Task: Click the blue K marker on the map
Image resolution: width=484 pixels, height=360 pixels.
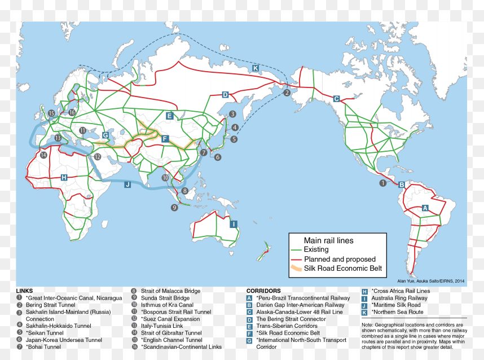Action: tap(255, 68)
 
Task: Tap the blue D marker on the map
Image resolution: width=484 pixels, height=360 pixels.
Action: tap(225, 95)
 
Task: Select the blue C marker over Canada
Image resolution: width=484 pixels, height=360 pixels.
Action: tap(337, 99)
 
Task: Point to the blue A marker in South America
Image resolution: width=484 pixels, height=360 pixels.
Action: tap(425, 208)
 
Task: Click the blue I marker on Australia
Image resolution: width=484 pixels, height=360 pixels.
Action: tap(233, 224)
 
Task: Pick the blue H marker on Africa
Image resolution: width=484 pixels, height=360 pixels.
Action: tap(64, 177)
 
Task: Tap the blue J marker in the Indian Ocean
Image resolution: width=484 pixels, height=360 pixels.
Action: tap(127, 184)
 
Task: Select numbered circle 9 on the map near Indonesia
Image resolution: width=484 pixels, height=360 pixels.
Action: tap(174, 207)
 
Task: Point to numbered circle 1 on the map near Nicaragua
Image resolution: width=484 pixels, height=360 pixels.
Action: tap(383, 183)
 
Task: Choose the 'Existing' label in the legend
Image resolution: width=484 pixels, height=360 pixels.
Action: tap(316, 249)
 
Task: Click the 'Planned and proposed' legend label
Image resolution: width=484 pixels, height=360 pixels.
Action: tap(336, 259)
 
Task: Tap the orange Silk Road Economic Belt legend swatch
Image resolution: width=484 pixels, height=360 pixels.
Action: tap(296, 269)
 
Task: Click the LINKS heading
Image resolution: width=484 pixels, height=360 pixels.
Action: tap(24, 291)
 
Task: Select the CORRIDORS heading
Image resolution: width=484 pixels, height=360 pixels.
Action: tap(263, 291)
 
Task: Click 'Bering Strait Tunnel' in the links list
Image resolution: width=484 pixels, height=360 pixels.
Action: tap(50, 305)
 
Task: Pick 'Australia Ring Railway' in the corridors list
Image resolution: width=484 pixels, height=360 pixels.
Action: tap(399, 298)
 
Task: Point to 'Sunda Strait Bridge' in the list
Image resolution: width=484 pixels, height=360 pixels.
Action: tap(165, 298)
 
